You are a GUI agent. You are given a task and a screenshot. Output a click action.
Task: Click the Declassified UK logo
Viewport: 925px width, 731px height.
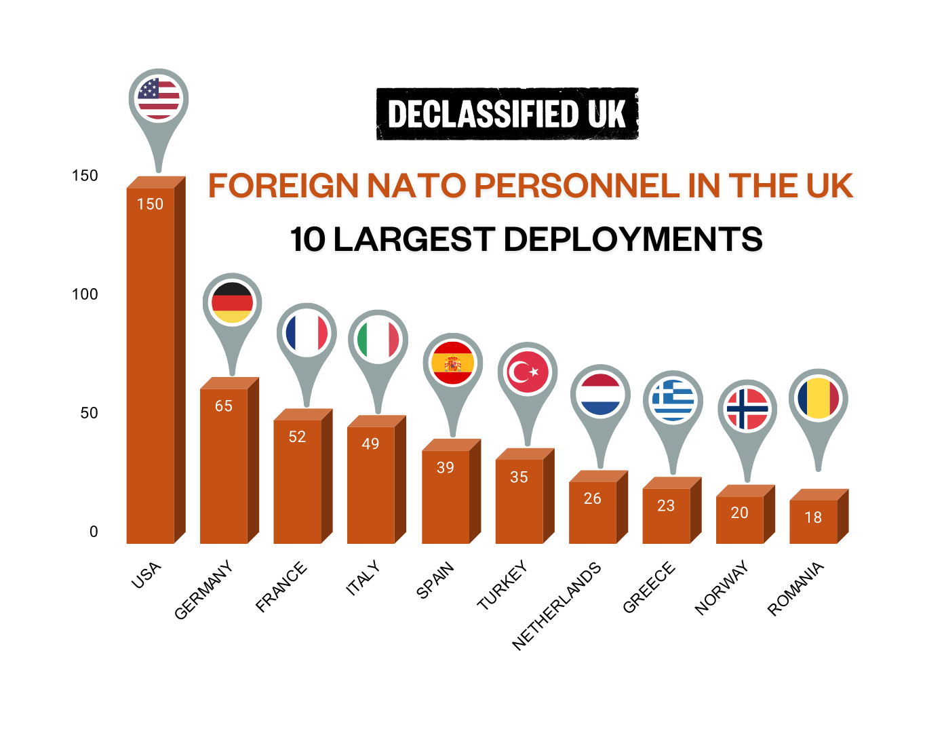[507, 114]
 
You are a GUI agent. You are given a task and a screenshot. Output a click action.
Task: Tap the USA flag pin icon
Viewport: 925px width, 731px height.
[159, 98]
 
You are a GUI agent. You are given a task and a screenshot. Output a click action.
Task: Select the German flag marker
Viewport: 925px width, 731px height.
[232, 303]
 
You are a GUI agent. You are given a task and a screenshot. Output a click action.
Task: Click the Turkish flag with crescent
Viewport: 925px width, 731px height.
[527, 372]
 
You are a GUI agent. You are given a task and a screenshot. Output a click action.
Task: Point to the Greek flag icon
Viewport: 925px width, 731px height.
[673, 400]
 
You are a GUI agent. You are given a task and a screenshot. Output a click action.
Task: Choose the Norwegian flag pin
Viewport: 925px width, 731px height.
[747, 409]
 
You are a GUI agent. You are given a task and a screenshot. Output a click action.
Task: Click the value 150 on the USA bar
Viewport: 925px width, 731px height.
[150, 204]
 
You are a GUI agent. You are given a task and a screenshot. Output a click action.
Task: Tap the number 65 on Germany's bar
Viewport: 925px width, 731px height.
[224, 406]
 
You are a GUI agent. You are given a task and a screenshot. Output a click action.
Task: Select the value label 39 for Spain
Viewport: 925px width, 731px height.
[446, 468]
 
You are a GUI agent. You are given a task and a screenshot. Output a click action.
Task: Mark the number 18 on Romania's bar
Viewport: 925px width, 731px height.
[813, 518]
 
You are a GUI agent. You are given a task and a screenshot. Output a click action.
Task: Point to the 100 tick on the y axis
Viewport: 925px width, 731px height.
[85, 294]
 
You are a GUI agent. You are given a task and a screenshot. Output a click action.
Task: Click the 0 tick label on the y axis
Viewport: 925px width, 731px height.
[94, 532]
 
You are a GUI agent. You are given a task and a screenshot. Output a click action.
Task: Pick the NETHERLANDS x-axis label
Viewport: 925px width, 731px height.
[557, 606]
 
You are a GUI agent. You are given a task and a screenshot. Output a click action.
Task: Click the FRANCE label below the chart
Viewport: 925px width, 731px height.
[281, 587]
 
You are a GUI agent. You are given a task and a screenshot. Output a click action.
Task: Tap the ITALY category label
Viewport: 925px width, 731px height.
[363, 578]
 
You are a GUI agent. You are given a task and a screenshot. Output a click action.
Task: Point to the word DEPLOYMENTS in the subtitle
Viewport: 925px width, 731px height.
[633, 240]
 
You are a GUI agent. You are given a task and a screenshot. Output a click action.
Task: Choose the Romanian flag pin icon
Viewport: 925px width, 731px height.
[819, 399]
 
